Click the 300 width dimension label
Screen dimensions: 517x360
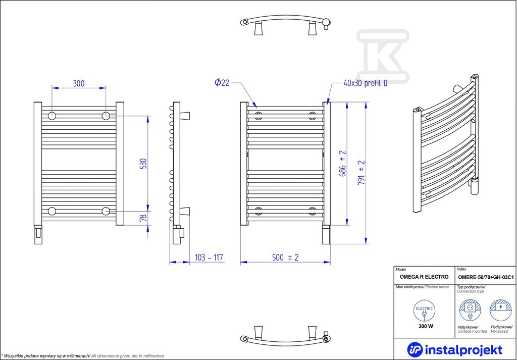pos(79,83)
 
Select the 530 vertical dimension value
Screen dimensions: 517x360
pos(143,163)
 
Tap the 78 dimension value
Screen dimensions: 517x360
pos(143,218)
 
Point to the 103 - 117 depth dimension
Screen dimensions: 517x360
pos(209,257)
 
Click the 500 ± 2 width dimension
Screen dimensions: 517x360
pos(286,257)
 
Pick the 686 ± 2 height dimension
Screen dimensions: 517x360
pos(343,163)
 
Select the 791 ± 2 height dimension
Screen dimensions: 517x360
pos(361,172)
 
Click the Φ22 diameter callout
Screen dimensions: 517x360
pos(222,82)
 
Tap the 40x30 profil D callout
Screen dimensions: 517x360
pos(366,83)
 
